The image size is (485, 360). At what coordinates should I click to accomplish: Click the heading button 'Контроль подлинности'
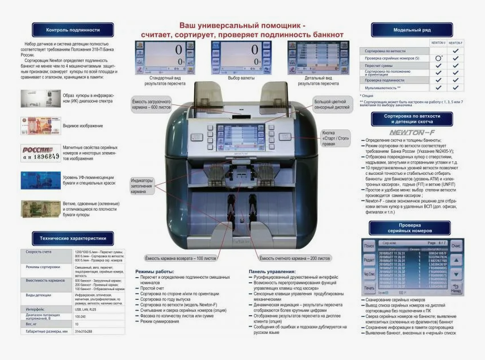pos(73,30)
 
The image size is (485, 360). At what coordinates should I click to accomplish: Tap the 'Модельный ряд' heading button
pos(411,30)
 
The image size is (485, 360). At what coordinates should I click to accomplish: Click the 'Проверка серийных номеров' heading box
pos(411,228)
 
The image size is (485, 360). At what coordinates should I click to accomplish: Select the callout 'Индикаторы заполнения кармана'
pos(142,186)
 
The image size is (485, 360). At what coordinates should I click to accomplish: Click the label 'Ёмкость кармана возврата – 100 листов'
pos(181,258)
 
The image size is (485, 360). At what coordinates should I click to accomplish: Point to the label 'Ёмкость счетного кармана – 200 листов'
pos(295,258)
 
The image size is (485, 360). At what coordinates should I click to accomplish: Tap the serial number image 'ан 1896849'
pos(40,153)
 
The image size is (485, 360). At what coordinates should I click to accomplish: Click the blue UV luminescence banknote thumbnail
pos(40,180)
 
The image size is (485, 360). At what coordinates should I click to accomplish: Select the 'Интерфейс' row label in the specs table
pos(35,309)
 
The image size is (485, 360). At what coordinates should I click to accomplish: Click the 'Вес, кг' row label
pos(32,324)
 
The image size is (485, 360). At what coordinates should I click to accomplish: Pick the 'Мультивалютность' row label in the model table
pos(384,88)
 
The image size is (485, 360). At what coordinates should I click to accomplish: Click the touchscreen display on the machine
pos(242,138)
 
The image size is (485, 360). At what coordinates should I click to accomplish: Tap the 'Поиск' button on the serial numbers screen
pos(369,246)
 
